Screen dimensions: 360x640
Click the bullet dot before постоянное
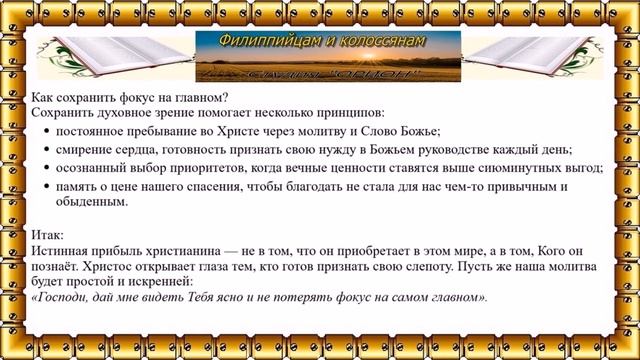tap(49, 131)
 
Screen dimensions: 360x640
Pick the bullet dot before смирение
tap(49, 150)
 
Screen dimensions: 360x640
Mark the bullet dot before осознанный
tap(49, 169)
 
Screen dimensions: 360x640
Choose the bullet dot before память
tap(49, 188)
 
